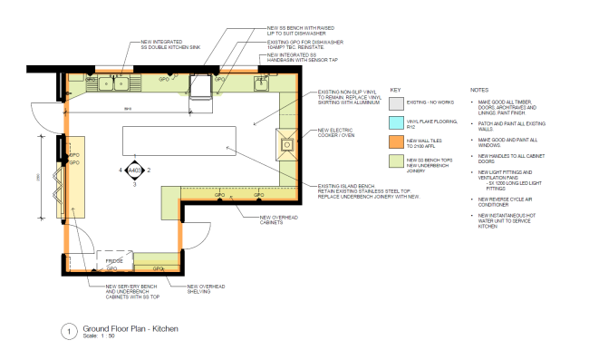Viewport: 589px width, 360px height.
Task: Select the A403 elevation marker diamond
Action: (134, 170)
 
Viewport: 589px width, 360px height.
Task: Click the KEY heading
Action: (395, 91)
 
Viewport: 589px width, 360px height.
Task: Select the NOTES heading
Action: (480, 91)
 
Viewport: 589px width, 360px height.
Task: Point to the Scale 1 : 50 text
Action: (98, 336)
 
